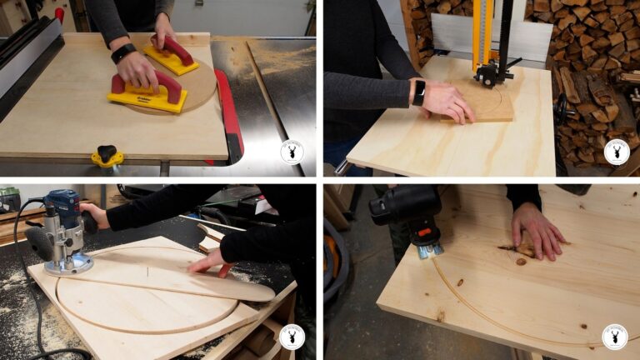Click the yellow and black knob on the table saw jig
[x=107, y=156]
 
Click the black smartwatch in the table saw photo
[x=122, y=52]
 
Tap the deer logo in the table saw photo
[x=292, y=152]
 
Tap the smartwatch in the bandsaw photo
[x=419, y=92]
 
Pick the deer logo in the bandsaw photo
[x=616, y=152]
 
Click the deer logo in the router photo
[x=292, y=336]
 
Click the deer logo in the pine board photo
[x=615, y=336]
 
